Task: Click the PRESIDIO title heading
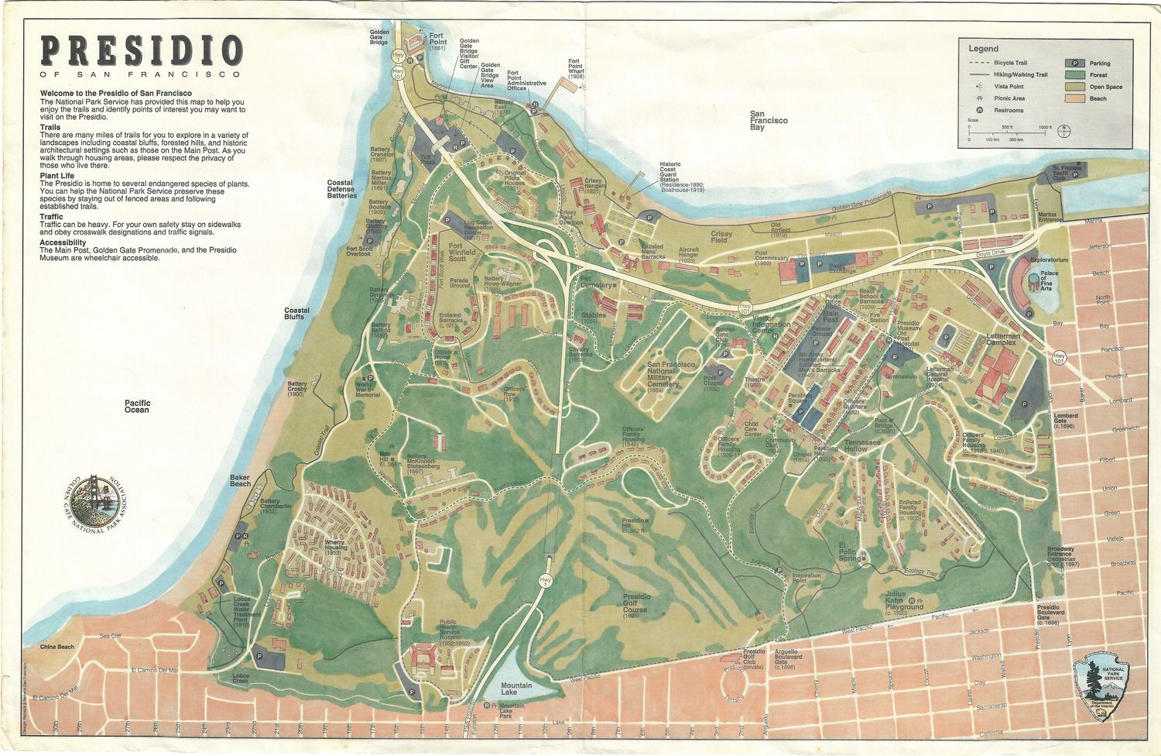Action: coord(142,51)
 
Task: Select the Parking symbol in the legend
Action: coord(1075,64)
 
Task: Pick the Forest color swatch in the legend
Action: coord(1075,75)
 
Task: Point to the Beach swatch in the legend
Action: coord(1075,98)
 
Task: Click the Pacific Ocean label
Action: coord(137,407)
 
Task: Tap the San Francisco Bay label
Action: coord(768,120)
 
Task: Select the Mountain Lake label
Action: coord(515,688)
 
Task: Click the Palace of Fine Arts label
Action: coord(1049,281)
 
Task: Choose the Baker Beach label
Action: coord(240,481)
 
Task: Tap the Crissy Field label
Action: coord(721,236)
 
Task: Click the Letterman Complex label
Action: coord(1003,339)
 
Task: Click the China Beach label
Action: coord(57,647)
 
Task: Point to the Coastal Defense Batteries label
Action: coord(341,189)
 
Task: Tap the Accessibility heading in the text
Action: coord(63,242)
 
